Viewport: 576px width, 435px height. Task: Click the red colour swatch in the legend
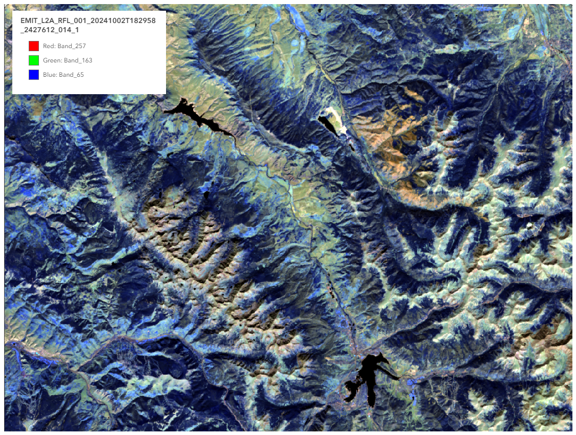tap(34, 46)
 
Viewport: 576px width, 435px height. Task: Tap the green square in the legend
tap(34, 60)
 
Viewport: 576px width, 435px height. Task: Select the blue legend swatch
tap(34, 75)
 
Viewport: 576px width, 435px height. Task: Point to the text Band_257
tap(72, 46)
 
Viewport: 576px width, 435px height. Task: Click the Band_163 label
tap(75, 60)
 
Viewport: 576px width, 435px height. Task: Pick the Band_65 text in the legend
tap(71, 75)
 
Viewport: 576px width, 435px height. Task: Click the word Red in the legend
tap(49, 46)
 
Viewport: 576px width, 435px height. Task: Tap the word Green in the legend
tap(52, 60)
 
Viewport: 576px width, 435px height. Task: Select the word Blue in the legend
tap(50, 75)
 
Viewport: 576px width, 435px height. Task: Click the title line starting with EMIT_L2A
tap(88, 20)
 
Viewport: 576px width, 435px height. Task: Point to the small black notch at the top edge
tap(321, 11)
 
